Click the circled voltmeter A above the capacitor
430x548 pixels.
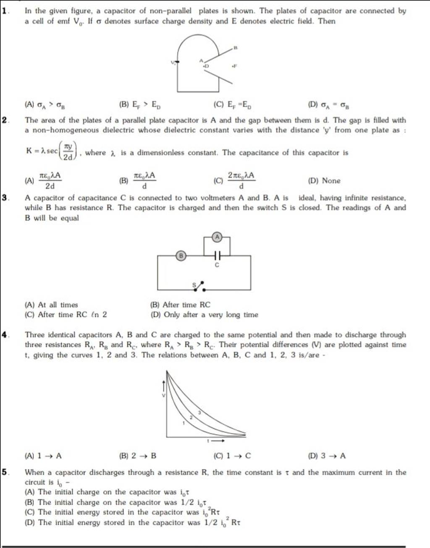pos(217,237)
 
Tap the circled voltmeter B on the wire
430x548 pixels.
pos(181,255)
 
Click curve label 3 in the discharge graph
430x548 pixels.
pos(199,413)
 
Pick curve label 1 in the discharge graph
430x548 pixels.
pos(184,423)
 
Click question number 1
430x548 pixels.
pos(5,11)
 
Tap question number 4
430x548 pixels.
pos(5,335)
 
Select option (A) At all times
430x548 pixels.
pos(52,305)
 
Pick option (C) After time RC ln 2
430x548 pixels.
pos(66,315)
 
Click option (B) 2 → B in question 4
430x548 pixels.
pos(138,456)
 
